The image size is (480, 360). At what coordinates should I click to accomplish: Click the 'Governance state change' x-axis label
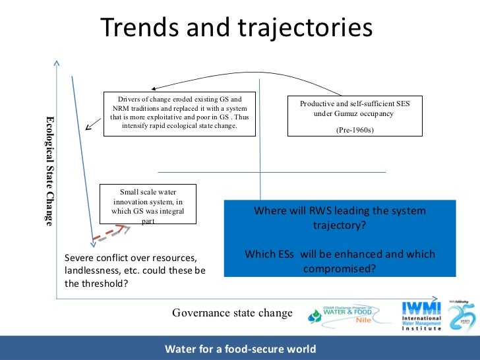tap(231, 313)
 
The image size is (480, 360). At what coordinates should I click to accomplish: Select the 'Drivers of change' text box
tap(179, 113)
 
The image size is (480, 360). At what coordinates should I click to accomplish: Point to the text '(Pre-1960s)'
tap(355, 130)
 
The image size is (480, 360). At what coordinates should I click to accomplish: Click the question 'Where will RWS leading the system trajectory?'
tap(340, 218)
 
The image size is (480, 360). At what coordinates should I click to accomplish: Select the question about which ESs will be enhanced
tap(340, 261)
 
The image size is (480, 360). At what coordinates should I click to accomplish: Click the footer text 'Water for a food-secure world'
tap(240, 349)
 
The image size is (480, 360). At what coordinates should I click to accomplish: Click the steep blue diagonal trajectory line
tap(82, 158)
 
